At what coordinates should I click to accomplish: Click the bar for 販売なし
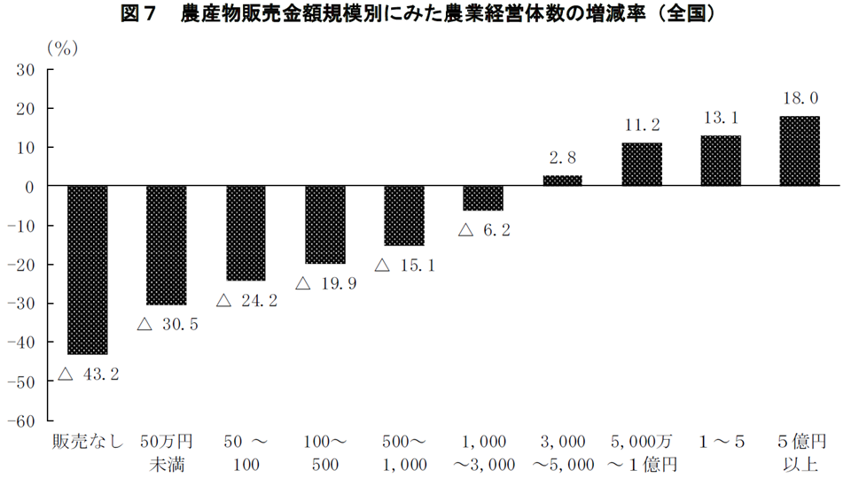point(87,270)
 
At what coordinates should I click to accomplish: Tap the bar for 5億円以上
point(799,151)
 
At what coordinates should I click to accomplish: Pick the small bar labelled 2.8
point(562,181)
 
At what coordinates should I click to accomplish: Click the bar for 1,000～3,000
point(483,198)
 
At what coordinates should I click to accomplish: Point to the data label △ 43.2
point(89,374)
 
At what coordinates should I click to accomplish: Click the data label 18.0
point(800,98)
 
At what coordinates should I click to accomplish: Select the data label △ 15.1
point(404,265)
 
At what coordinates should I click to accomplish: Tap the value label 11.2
point(642,125)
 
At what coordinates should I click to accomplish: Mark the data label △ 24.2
point(246,301)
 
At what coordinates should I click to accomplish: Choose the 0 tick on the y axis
point(28,187)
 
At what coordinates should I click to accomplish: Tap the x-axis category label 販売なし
point(87,441)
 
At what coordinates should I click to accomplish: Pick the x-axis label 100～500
point(325,451)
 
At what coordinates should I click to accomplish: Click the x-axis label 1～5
point(720,441)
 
